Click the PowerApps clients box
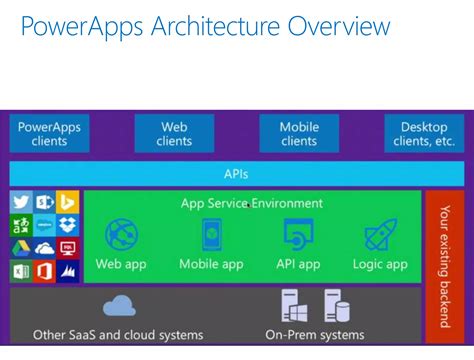pos(49,133)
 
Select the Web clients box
pos(174,133)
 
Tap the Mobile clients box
pos(298,133)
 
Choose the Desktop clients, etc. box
pos(424,133)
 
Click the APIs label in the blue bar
pos(236,173)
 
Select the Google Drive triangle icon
pos(21,248)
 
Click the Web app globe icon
pos(122,235)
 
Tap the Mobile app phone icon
pos(211,235)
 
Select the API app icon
pos(298,235)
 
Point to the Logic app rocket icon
pos(380,235)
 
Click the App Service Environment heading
pos(252,203)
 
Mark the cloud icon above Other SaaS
pos(119,305)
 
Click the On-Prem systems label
pos(314,334)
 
